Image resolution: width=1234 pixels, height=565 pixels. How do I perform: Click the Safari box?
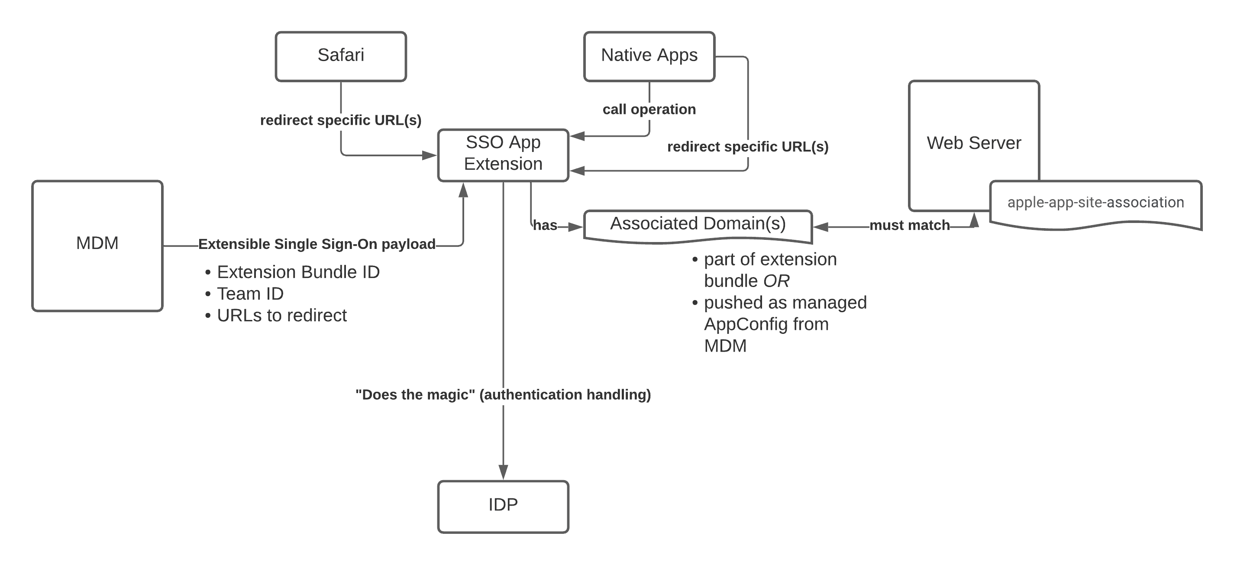point(341,56)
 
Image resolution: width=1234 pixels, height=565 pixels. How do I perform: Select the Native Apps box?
point(649,56)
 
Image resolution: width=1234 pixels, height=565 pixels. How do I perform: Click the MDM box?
point(97,245)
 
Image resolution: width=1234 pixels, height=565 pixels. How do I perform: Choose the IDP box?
point(503,506)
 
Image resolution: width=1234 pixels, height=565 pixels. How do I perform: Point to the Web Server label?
point(974,143)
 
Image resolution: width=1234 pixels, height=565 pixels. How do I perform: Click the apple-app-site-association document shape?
point(1095,203)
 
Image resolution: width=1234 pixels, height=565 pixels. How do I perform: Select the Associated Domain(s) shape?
point(698,224)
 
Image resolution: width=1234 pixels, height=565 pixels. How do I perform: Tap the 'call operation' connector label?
point(649,110)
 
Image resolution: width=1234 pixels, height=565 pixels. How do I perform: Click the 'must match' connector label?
point(909,226)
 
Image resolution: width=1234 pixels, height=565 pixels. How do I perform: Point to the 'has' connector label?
point(545,226)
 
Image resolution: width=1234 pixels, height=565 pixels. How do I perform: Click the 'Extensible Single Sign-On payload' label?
point(317,244)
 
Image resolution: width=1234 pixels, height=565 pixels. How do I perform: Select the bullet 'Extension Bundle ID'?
point(298,272)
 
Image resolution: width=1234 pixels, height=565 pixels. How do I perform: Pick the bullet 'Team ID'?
point(250,294)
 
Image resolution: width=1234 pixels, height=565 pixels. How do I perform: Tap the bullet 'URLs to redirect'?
point(282,316)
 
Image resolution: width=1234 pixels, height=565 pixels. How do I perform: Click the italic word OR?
point(776,281)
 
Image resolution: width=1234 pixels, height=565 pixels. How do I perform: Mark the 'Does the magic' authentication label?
point(503,394)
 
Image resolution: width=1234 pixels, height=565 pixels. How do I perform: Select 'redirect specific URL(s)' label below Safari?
point(341,120)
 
